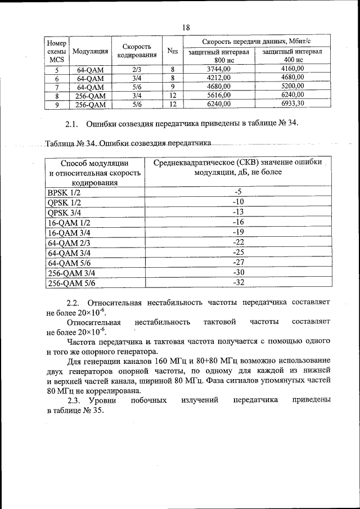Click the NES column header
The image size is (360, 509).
tap(173, 52)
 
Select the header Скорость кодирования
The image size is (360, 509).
tap(137, 51)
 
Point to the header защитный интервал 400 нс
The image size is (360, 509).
tap(292, 55)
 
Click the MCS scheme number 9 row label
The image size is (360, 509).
tap(57, 104)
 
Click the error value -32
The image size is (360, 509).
tap(238, 282)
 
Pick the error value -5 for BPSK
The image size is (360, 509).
tap(238, 192)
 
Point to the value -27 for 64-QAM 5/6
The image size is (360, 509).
tap(238, 262)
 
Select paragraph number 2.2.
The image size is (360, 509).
tap(75, 302)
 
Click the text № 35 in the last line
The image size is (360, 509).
tap(94, 410)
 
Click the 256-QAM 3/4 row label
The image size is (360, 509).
tap(71, 272)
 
